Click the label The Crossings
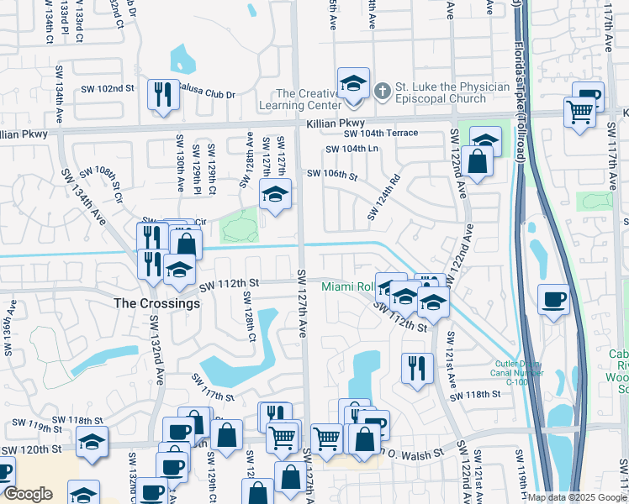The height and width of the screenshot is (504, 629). [x=157, y=303]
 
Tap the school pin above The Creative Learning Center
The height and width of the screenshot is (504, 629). [x=353, y=85]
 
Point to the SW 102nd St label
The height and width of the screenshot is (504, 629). [x=108, y=88]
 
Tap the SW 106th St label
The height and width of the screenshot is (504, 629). [x=332, y=176]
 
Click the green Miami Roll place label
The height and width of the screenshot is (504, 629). [x=346, y=287]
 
